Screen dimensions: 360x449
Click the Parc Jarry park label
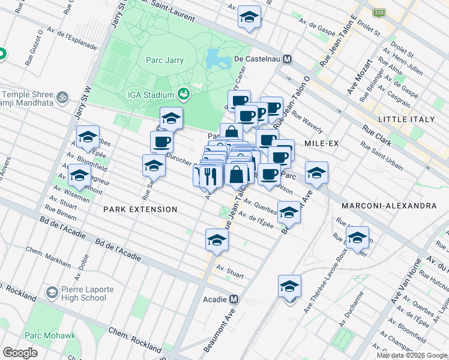(x=164, y=60)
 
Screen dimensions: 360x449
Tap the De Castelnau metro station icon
(x=288, y=59)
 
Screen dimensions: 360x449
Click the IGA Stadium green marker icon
(x=184, y=94)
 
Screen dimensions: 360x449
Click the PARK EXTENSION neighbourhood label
(x=140, y=209)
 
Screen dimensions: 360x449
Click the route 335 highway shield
(x=378, y=13)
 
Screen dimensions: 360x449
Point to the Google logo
(x=20, y=352)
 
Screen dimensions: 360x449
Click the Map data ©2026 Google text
(x=412, y=355)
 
